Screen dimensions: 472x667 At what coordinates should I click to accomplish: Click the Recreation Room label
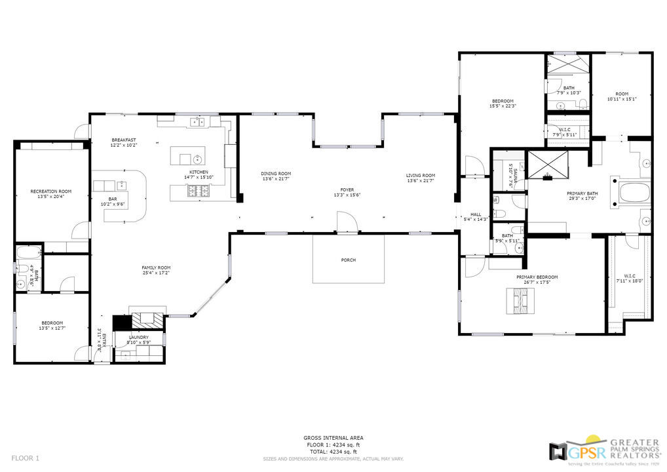click(51, 191)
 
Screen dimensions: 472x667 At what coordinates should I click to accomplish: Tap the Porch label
click(349, 260)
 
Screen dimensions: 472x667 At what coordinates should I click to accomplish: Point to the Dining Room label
click(276, 174)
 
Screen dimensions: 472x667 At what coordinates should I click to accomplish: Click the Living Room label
click(421, 175)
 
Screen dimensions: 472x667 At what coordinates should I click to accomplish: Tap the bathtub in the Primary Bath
click(632, 194)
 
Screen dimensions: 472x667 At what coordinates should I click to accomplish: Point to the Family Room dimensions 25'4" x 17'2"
click(156, 273)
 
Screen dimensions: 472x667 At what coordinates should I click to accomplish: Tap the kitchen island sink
click(197, 158)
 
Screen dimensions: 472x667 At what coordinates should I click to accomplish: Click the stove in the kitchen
click(199, 191)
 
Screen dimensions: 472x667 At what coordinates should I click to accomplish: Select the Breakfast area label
click(124, 140)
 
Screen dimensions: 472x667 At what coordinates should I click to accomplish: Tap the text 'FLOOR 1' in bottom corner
click(26, 458)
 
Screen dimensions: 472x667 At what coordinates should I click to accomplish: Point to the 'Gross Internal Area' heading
click(333, 438)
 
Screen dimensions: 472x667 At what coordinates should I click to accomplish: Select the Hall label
click(475, 214)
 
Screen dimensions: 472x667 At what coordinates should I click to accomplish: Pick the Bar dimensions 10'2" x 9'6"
click(112, 204)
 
